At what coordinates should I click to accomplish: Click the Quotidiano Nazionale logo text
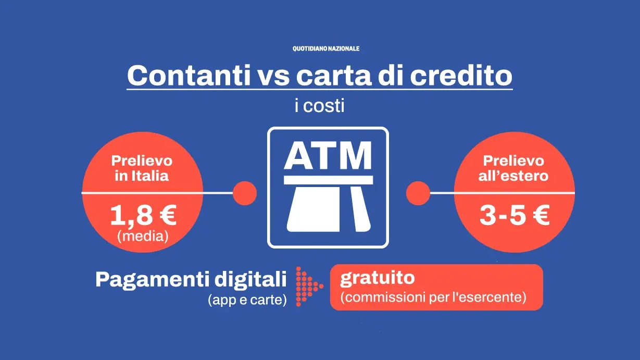[325, 48]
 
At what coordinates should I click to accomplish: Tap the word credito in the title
[461, 76]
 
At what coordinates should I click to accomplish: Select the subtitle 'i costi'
[319, 106]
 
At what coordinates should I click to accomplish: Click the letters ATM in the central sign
[328, 155]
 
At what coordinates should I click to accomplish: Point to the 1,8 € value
[143, 216]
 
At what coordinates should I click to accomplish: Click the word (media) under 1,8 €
[143, 236]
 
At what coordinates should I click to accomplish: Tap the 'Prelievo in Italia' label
[142, 168]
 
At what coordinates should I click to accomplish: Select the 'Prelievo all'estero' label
[513, 168]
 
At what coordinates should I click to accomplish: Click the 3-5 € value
[514, 216]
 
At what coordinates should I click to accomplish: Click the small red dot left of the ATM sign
[245, 193]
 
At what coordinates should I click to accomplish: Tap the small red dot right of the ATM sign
[418, 193]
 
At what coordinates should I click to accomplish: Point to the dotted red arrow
[309, 286]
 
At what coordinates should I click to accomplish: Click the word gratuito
[378, 278]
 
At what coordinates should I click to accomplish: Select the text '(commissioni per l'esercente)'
[433, 297]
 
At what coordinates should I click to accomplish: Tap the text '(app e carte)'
[247, 300]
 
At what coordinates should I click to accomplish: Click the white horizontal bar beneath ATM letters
[328, 180]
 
